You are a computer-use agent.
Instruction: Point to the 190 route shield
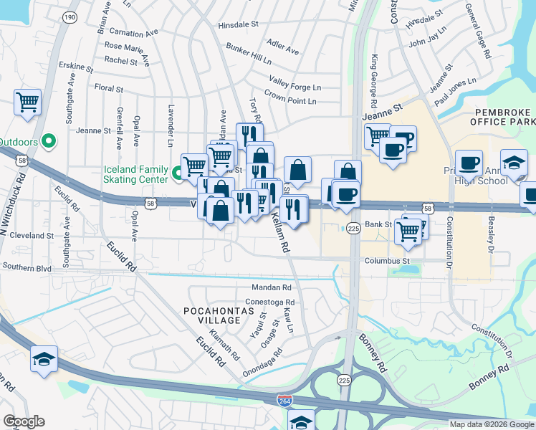tap(69, 16)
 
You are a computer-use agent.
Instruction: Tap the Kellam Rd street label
tap(280, 234)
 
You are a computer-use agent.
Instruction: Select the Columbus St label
tap(386, 261)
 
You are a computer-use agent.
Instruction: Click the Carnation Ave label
tap(131, 34)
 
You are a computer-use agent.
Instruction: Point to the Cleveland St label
tap(33, 234)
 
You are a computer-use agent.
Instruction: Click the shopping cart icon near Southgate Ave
tap(27, 102)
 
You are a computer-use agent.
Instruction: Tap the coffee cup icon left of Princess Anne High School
tap(469, 163)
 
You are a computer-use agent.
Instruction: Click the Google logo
tap(24, 421)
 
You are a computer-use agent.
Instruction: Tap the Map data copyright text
tap(492, 424)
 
